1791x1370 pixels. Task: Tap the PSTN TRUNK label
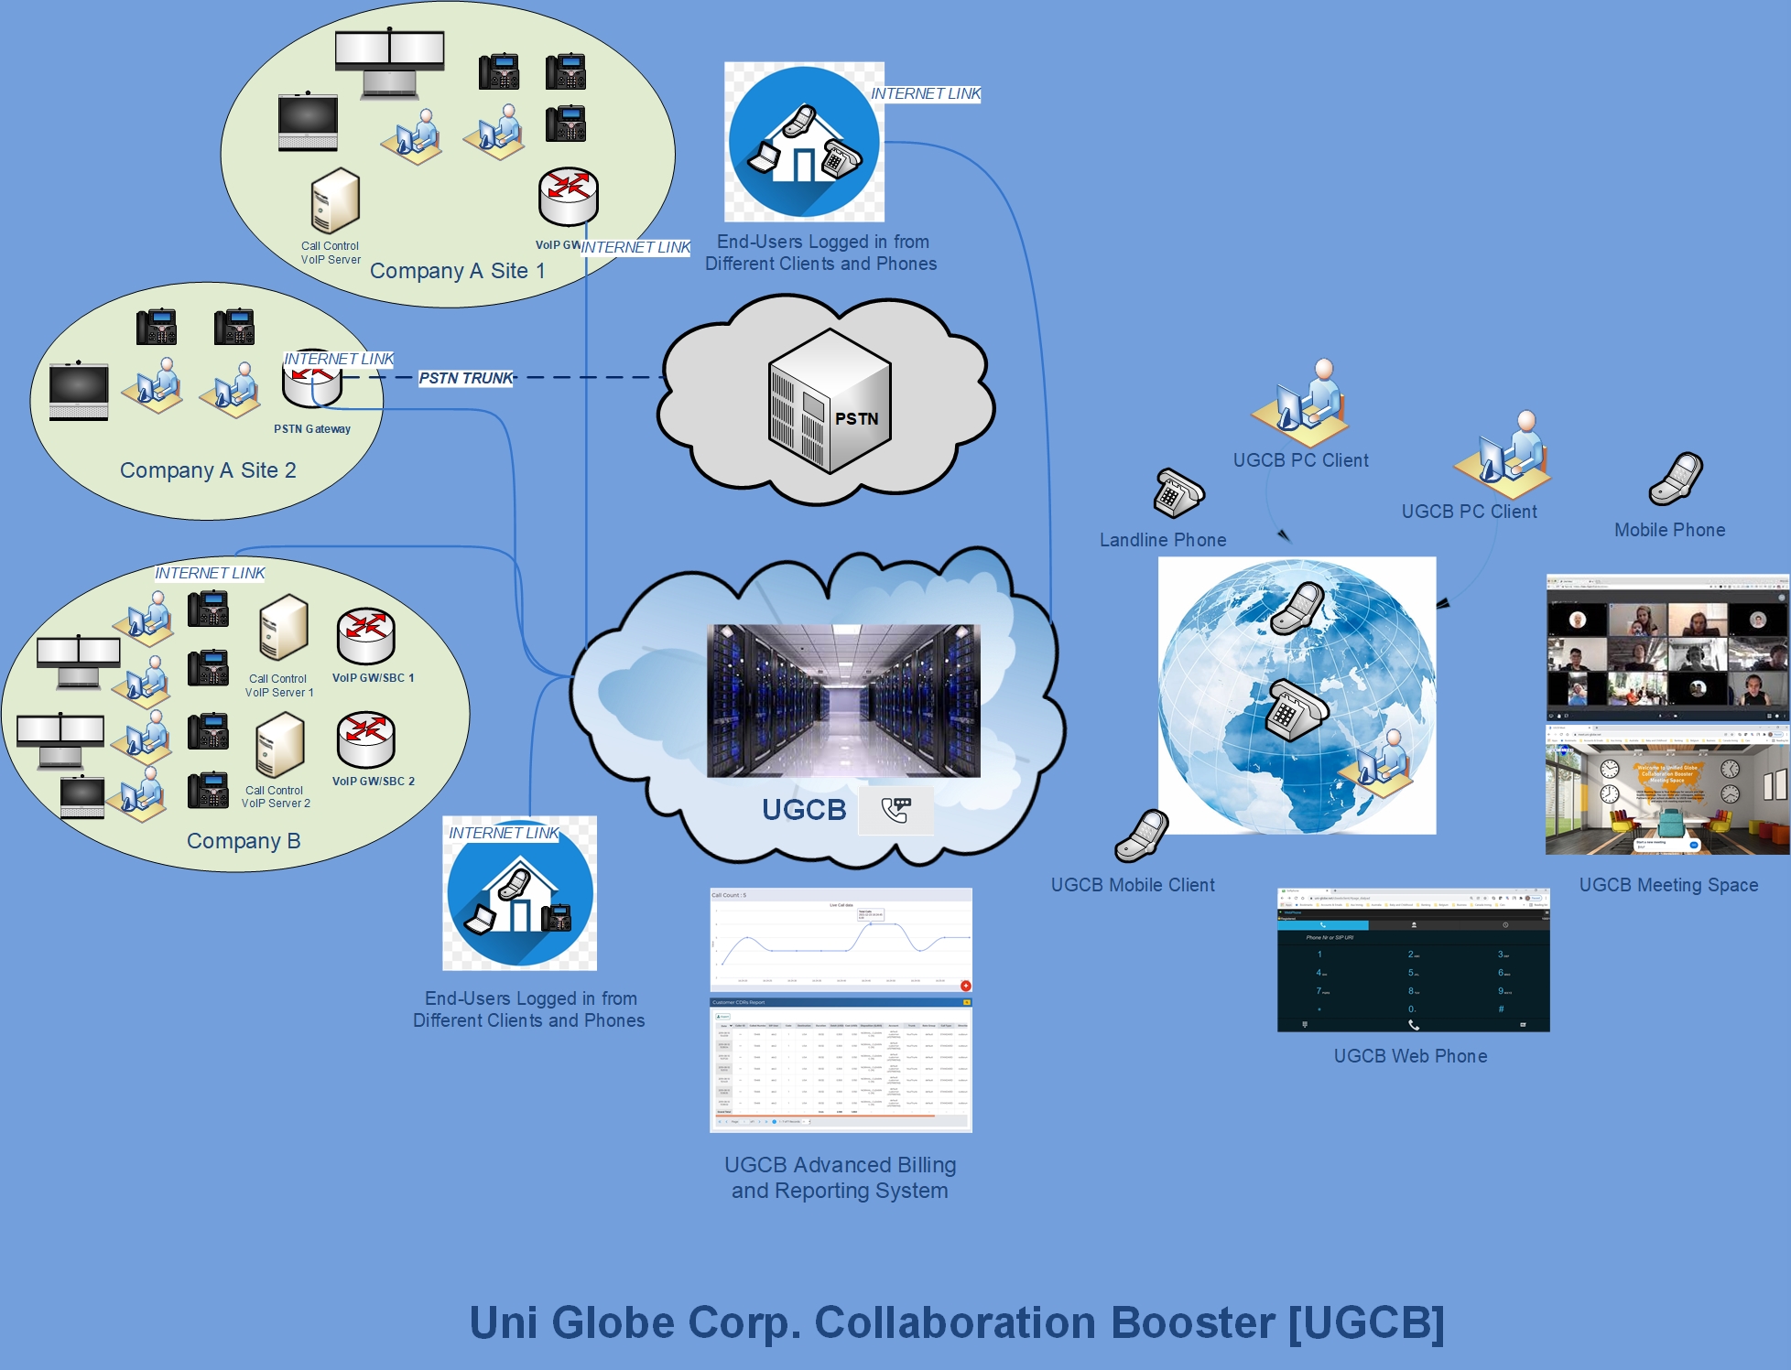[x=466, y=378]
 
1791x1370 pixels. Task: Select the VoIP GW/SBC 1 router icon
[x=365, y=636]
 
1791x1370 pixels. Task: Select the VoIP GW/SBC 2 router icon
[x=365, y=739]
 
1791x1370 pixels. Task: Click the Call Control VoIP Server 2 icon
[x=279, y=745]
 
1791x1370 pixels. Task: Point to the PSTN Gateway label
[x=312, y=429]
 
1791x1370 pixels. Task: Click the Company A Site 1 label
[x=457, y=271]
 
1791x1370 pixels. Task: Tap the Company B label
[x=244, y=841]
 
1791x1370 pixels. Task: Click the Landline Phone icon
[x=1178, y=493]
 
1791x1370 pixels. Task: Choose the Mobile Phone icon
[x=1676, y=480]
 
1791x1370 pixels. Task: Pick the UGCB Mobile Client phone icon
[x=1142, y=836]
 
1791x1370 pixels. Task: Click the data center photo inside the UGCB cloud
[x=843, y=701]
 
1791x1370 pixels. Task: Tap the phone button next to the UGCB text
[x=895, y=810]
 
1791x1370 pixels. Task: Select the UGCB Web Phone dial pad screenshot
[x=1413, y=960]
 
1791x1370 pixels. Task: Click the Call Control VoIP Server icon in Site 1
[x=335, y=200]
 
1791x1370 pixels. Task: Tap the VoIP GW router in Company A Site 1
[x=568, y=196]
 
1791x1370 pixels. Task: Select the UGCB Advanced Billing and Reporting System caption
[x=840, y=1178]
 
